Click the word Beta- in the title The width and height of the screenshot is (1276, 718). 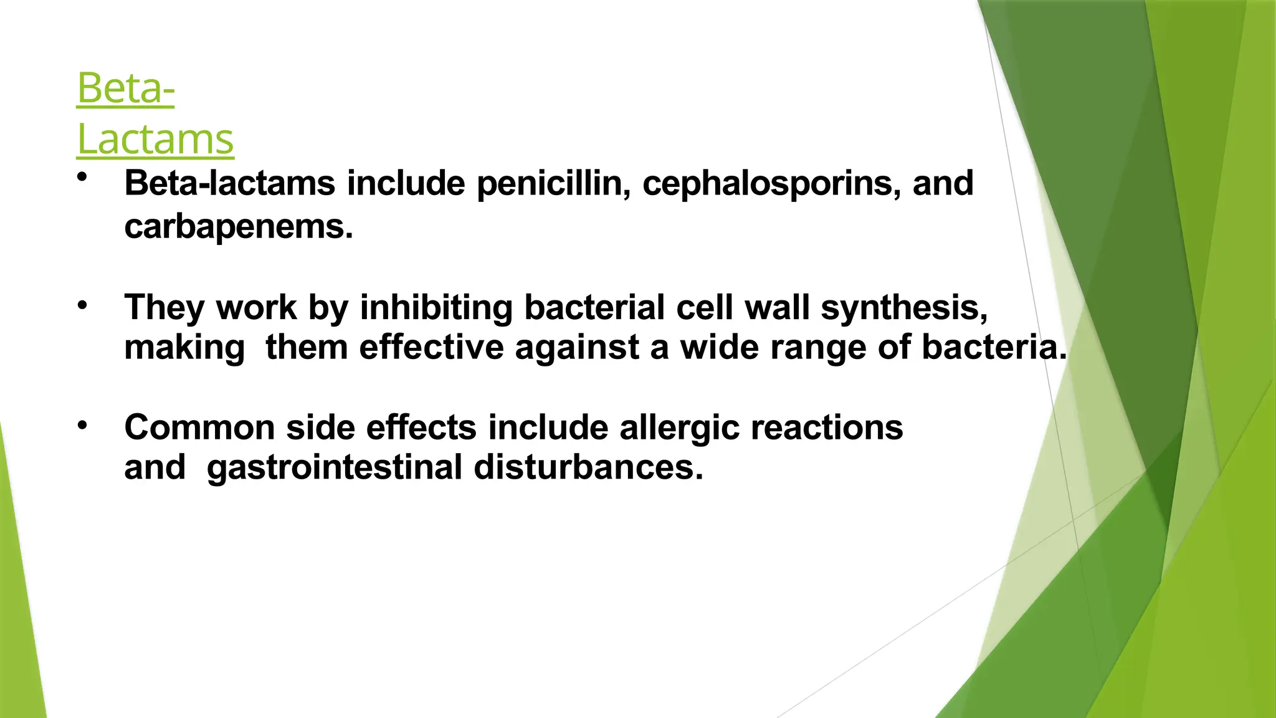(125, 89)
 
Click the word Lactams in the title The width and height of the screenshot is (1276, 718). (155, 139)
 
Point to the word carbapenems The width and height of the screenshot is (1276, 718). (238, 226)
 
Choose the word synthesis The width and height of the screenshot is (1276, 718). (903, 308)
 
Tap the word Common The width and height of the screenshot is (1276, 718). (199, 428)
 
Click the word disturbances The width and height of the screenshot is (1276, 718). (588, 467)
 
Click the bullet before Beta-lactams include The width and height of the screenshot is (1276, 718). (82, 178)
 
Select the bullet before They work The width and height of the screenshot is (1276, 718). (82, 305)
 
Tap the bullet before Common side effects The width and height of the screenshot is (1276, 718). (82, 426)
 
